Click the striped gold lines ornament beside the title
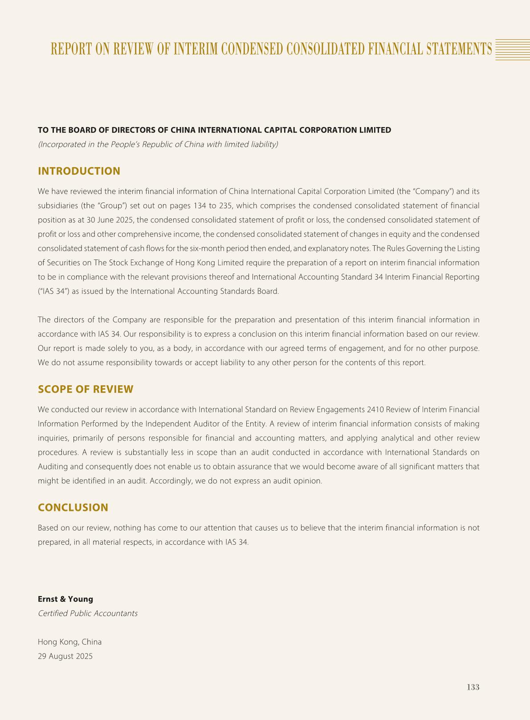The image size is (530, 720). (x=512, y=49)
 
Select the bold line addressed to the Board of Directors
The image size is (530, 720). (x=214, y=130)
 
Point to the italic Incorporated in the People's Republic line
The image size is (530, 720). (x=158, y=144)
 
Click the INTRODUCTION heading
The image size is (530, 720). (x=79, y=171)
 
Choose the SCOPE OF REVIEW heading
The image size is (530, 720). (x=86, y=389)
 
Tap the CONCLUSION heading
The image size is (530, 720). (x=73, y=507)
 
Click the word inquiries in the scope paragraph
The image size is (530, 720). (x=53, y=438)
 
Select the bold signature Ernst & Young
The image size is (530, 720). (x=65, y=599)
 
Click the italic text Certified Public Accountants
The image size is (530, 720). (x=88, y=613)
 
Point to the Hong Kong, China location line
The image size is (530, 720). (x=69, y=642)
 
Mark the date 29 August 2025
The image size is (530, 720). (x=65, y=656)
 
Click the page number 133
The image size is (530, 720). (x=473, y=687)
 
